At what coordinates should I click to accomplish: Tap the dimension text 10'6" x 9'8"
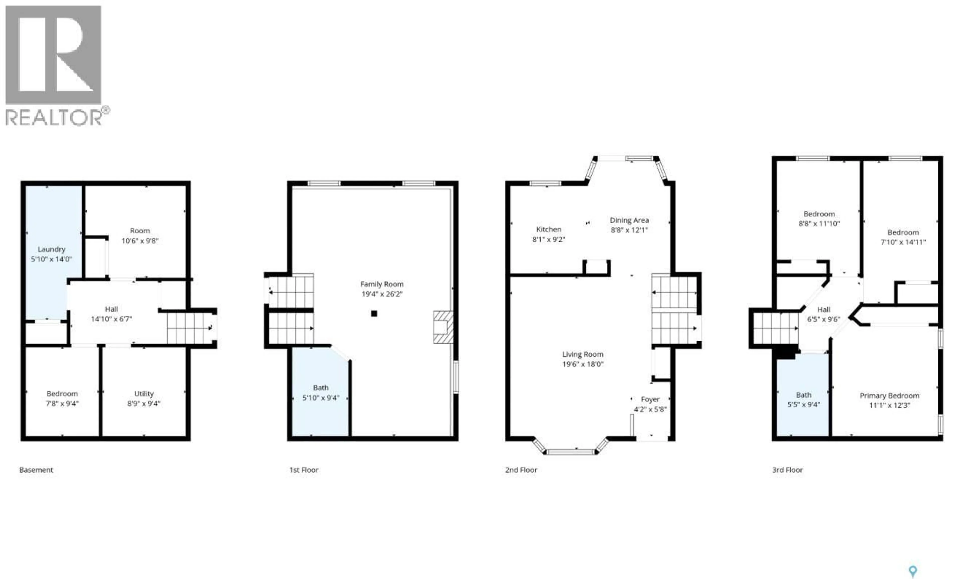140,241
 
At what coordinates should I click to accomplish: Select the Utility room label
144,394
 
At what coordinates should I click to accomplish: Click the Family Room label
382,284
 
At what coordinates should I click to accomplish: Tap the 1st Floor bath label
320,388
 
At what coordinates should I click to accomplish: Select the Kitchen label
549,229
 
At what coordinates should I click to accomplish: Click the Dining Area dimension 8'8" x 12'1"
629,230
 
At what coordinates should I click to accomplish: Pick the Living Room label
582,354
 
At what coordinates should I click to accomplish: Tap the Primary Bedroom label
889,396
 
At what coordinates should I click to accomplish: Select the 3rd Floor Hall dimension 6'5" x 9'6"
823,319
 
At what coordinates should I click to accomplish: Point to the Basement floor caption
36,470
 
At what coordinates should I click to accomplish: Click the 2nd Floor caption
521,470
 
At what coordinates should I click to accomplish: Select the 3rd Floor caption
787,470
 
